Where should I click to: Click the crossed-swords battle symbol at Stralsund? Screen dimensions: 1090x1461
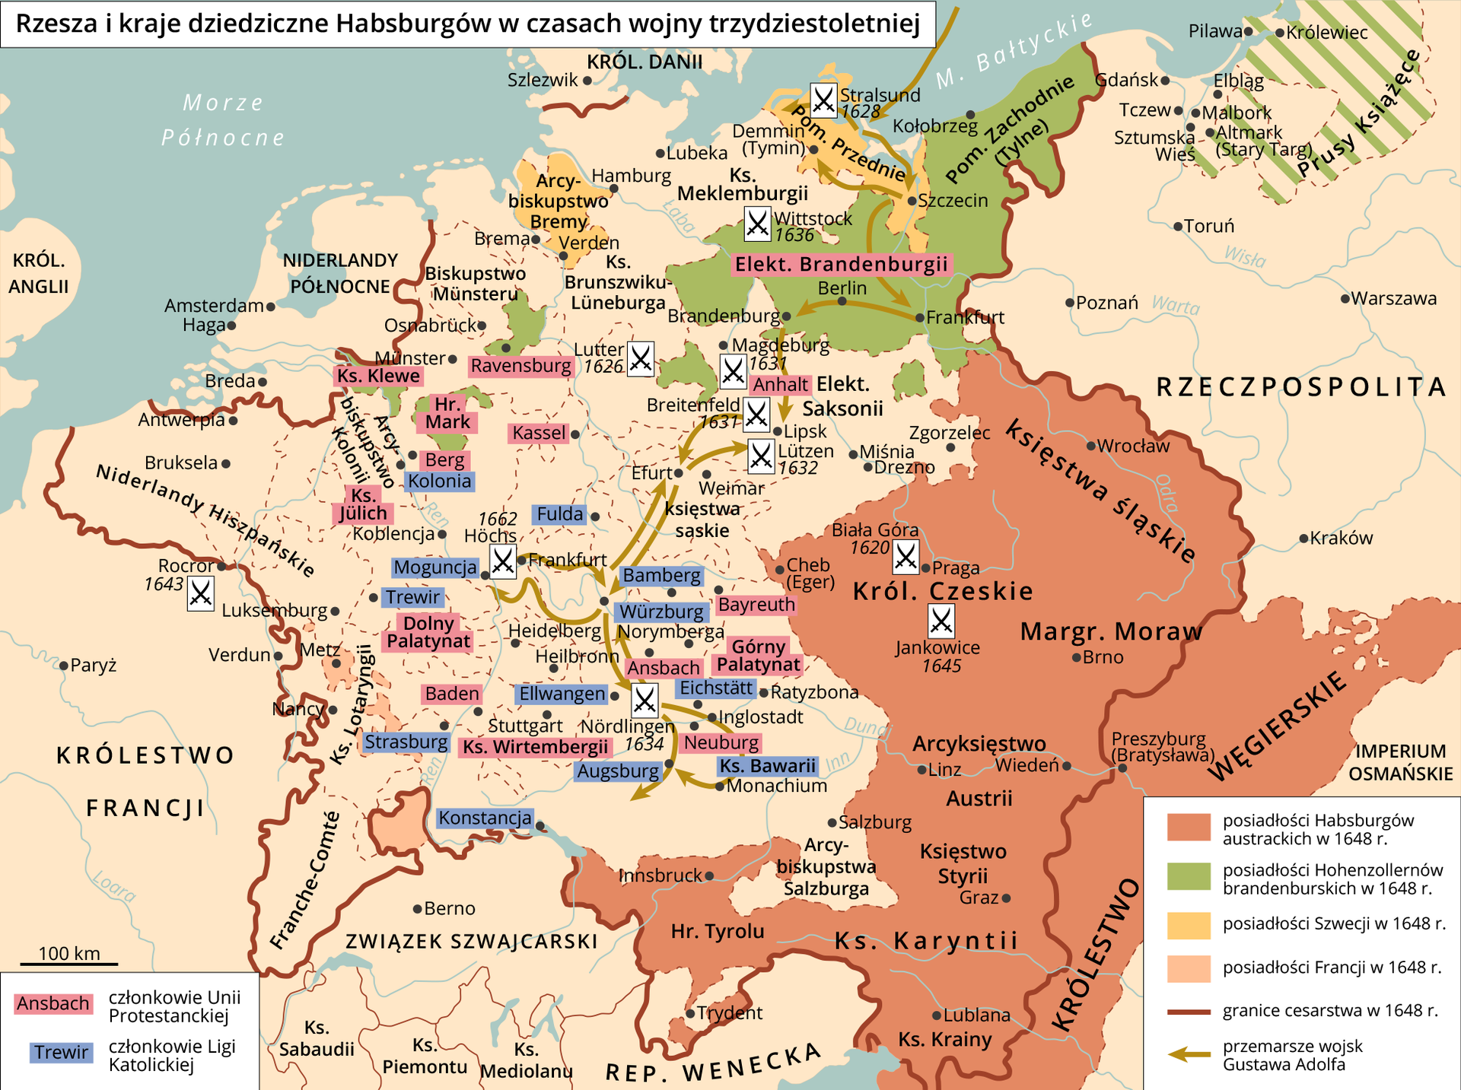[x=823, y=100]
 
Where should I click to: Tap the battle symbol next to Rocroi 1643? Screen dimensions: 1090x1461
[x=201, y=593]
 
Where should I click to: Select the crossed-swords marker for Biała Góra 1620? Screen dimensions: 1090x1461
[x=906, y=558]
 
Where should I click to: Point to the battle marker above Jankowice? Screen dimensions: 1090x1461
[x=941, y=621]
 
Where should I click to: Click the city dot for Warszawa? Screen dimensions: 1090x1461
[x=1345, y=299]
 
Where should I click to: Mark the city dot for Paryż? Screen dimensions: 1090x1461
[x=64, y=666]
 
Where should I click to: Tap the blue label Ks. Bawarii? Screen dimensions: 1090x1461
[x=768, y=766]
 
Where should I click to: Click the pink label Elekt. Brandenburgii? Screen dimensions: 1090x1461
[x=842, y=264]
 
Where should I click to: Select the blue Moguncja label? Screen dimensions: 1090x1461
[x=434, y=567]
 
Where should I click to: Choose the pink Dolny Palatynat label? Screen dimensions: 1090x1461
[x=428, y=632]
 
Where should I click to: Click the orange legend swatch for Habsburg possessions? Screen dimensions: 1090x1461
[x=1189, y=827]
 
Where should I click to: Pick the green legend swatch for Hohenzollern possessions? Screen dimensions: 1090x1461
[x=1189, y=876]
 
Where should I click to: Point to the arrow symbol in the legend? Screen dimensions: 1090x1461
[x=1189, y=1054]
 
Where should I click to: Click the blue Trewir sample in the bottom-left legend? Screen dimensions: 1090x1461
[x=61, y=1052]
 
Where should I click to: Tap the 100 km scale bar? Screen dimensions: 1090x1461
[x=68, y=963]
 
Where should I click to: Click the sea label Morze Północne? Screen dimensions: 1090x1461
[x=223, y=119]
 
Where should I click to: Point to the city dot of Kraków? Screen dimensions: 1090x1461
[x=1303, y=539]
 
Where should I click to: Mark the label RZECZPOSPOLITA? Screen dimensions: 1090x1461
[x=1300, y=386]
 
